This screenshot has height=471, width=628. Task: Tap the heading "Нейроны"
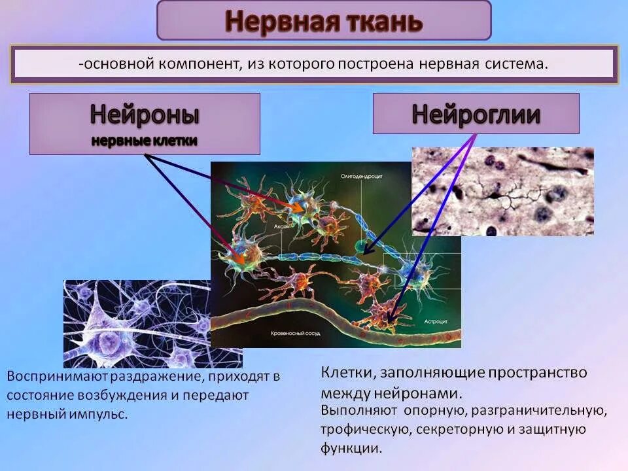145,114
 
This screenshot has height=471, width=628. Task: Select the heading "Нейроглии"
476,114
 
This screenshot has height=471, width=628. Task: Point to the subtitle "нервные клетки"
144,141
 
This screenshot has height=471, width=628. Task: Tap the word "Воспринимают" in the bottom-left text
56,377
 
